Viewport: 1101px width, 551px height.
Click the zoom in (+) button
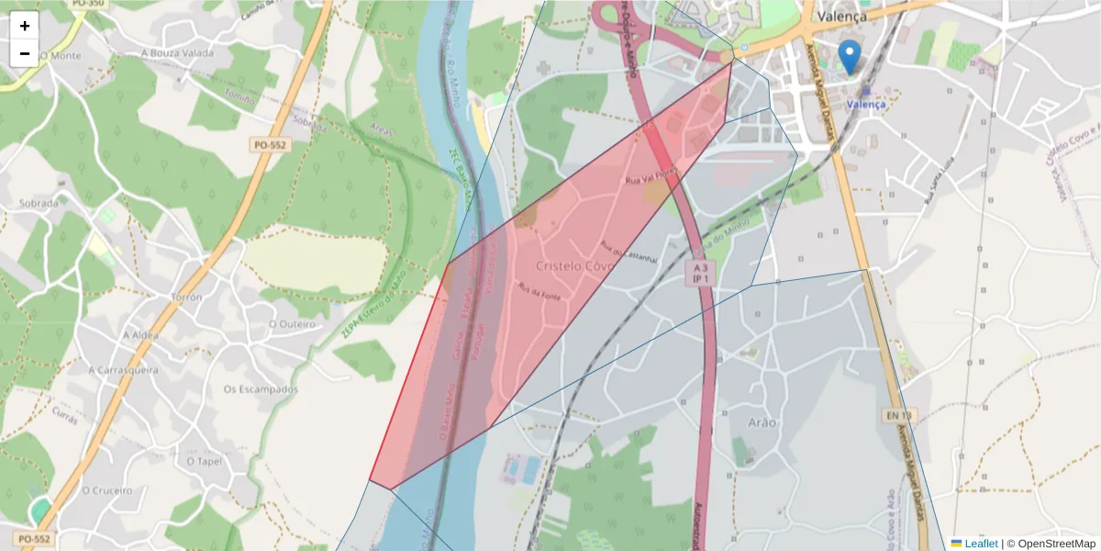(25, 26)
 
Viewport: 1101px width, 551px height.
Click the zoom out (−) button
(25, 53)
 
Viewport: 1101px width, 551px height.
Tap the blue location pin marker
(851, 56)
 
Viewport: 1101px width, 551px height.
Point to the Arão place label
(762, 422)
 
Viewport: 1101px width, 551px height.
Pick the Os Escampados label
(261, 389)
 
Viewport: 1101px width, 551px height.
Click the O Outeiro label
(292, 324)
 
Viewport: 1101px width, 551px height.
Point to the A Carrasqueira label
(123, 370)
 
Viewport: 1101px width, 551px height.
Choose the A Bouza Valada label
(177, 53)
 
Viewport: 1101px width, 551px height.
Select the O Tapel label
(204, 460)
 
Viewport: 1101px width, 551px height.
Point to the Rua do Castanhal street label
(629, 253)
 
